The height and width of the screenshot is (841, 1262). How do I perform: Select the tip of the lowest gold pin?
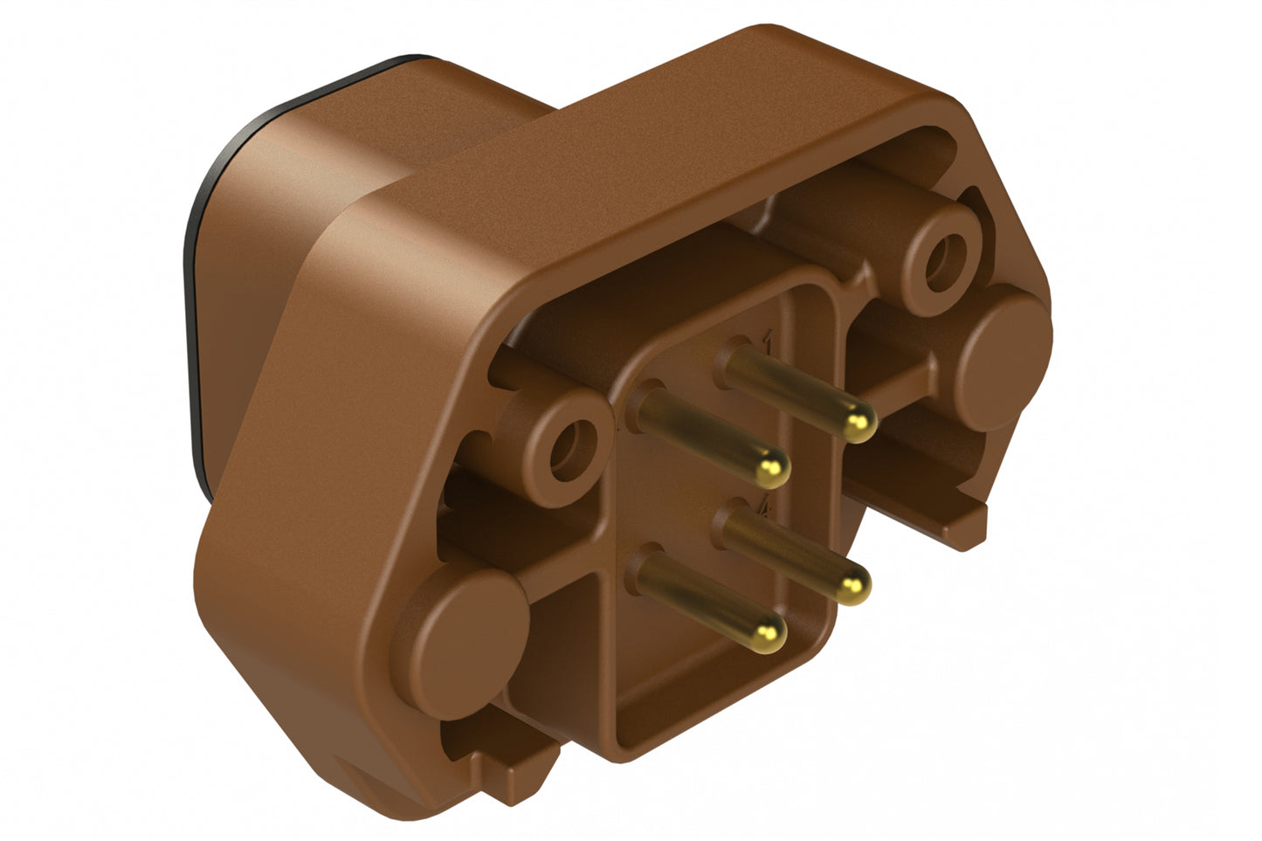(769, 627)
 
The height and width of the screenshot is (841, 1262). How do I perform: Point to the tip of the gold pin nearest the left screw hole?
(771, 472)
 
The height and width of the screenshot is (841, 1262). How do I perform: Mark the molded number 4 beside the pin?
(766, 505)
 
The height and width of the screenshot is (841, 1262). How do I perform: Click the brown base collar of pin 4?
(732, 520)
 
